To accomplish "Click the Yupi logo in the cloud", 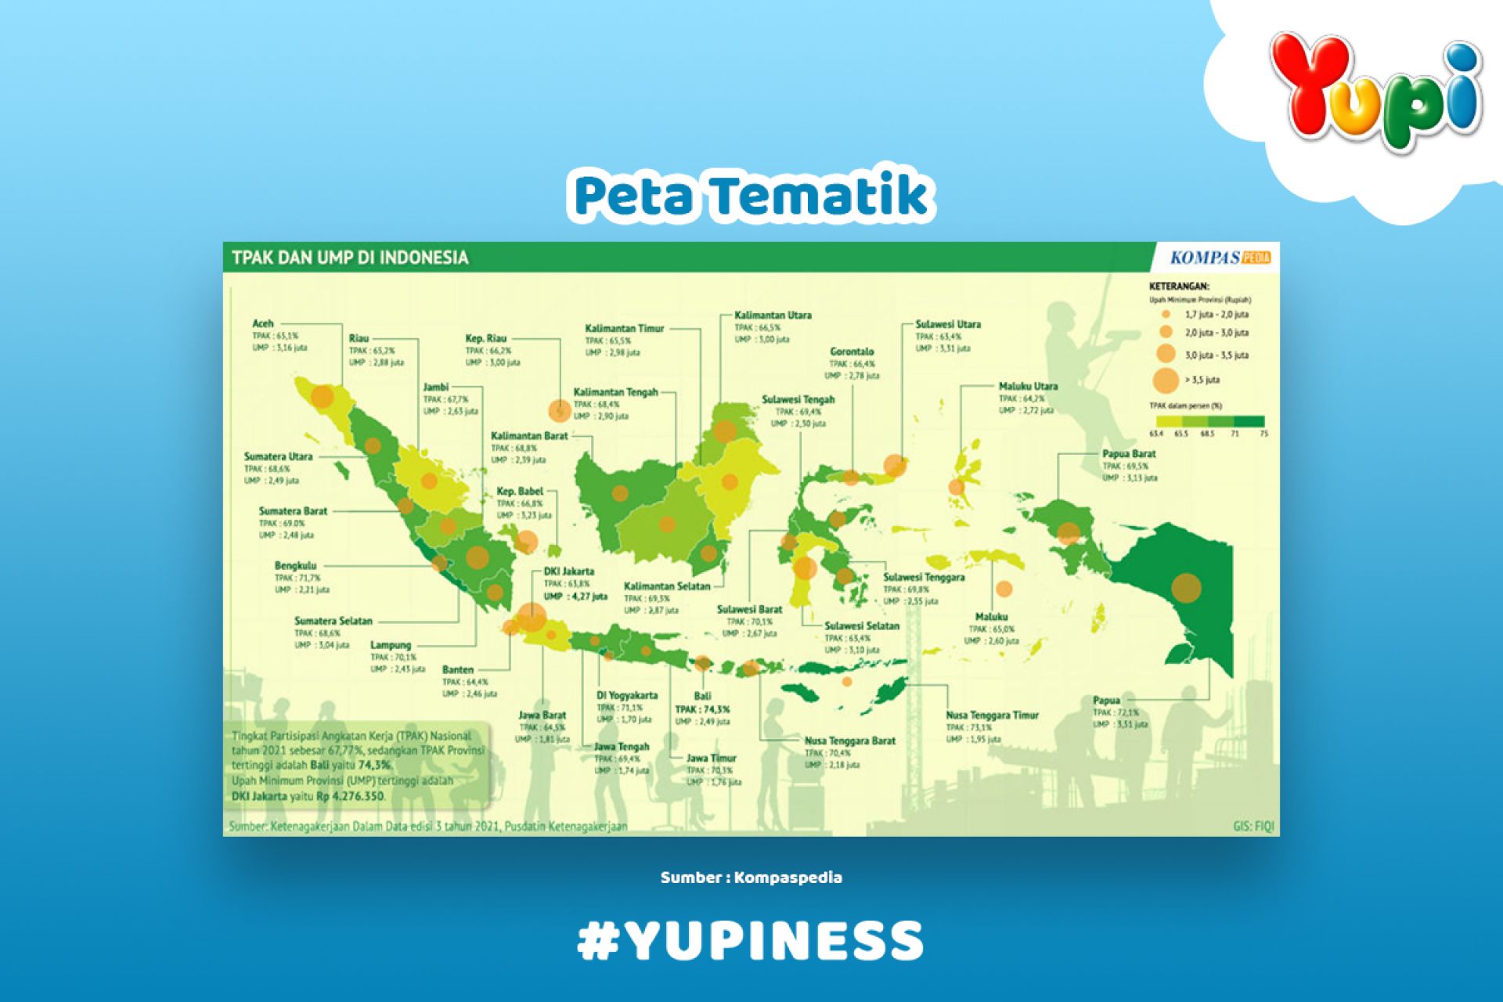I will coord(1375,90).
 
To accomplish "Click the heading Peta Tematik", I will coord(751,196).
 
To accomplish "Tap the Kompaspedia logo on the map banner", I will coord(1220,258).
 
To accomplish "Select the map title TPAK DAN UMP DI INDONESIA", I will coord(350,258).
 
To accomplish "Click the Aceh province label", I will coord(263,323).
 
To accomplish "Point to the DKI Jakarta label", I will coord(568,571).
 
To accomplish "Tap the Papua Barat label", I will coord(1128,454).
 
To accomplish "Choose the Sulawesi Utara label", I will coord(947,324).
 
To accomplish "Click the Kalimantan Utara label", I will coord(772,315).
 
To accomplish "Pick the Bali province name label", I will coord(702,696).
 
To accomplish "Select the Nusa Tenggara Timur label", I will coord(992,715).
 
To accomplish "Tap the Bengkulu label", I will coord(295,565).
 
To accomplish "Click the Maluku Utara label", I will coord(1027,387).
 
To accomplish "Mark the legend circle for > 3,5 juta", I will coord(1166,380).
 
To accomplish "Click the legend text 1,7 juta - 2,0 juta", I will coord(1216,315).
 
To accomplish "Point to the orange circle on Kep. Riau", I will coord(559,409).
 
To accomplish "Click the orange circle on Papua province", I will coord(1187,587).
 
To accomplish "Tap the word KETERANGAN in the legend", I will coord(1179,287).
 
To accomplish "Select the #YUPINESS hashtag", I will coord(751,940).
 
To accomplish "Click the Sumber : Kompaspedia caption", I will coord(751,878).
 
